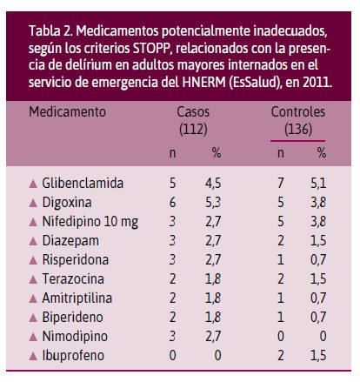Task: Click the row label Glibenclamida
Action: tap(83, 184)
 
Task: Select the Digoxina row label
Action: tap(67, 203)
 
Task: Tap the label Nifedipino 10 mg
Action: tap(90, 222)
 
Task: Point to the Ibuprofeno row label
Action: tap(73, 356)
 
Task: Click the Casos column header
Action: tap(193, 112)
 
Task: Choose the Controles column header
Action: tap(298, 112)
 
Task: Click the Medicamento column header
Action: tap(67, 112)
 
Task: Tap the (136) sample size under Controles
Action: tap(298, 129)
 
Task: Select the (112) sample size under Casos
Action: tap(193, 129)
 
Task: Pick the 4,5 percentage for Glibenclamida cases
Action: tap(213, 184)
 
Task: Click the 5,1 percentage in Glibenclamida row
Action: tap(318, 184)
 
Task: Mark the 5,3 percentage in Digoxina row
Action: tap(213, 203)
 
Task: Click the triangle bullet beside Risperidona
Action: tap(33, 260)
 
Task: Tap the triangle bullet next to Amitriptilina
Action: tap(33, 298)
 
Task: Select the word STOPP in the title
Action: tap(151, 49)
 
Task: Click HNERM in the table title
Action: tap(203, 82)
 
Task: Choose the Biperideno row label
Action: tap(72, 318)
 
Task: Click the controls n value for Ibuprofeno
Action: tap(281, 356)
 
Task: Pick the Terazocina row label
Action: tap(73, 279)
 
